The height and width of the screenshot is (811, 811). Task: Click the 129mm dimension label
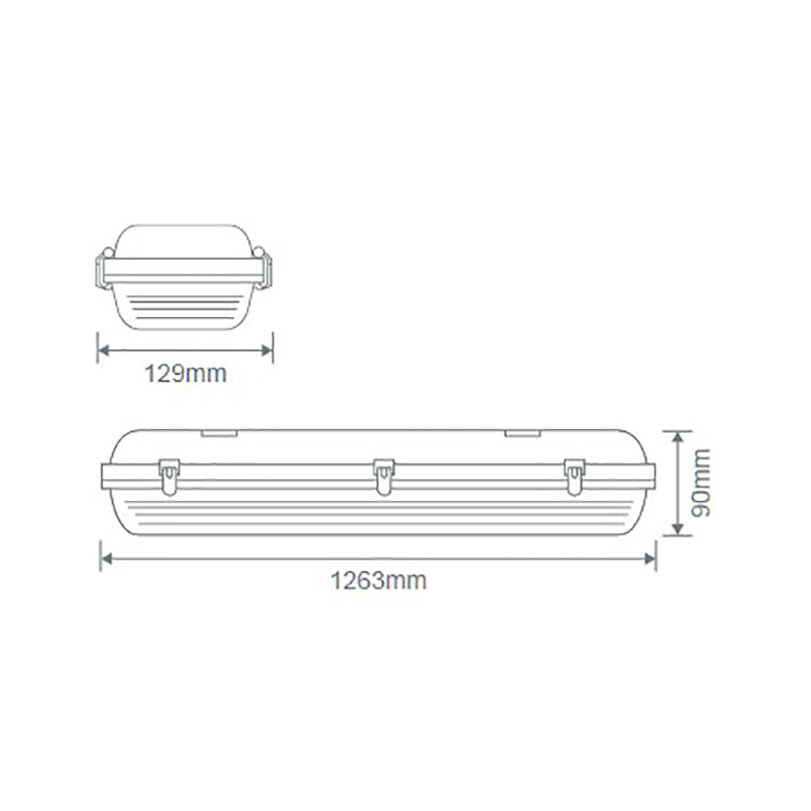(x=185, y=374)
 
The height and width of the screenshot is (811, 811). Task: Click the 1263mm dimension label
(x=378, y=581)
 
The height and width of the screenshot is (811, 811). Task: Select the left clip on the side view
(x=169, y=476)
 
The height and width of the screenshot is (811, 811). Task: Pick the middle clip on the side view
(x=384, y=476)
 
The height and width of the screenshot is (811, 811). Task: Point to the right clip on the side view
(x=574, y=476)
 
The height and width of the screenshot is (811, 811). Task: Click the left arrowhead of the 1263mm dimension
(x=105, y=559)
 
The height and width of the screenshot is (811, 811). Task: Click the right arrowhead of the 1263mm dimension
(x=650, y=559)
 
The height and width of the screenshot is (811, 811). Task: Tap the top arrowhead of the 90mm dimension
(x=676, y=436)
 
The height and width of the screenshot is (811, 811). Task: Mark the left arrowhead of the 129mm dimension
(x=102, y=350)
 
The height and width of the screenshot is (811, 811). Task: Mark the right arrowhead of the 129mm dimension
(x=268, y=350)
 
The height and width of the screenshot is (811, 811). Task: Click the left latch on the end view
(x=103, y=269)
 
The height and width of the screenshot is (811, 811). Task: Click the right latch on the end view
(x=265, y=269)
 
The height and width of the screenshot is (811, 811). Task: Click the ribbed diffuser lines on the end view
(x=184, y=307)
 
